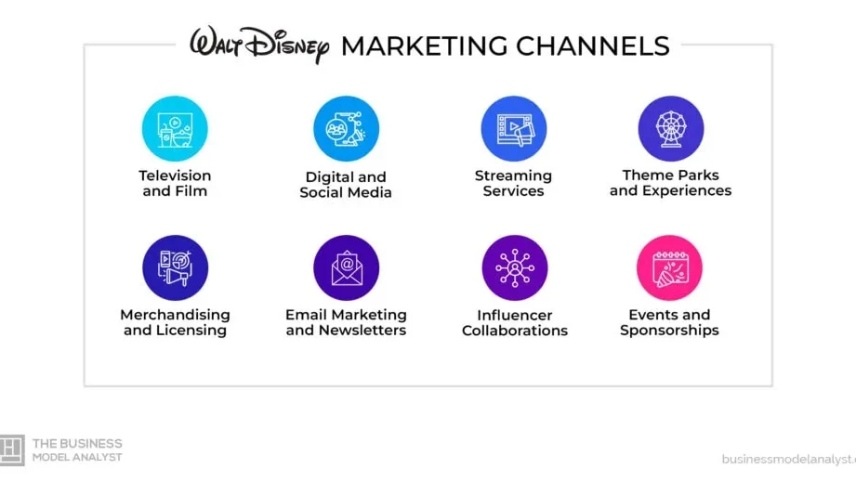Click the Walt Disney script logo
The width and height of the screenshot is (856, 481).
[x=259, y=45]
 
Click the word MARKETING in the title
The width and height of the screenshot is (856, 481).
[x=424, y=46]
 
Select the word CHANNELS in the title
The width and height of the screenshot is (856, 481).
[x=593, y=46]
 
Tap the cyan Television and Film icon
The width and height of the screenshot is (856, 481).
[x=175, y=129]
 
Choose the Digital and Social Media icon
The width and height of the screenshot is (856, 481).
[x=346, y=129]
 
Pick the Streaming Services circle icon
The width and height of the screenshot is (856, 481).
[x=514, y=129]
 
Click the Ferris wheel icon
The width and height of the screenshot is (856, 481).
[x=671, y=129]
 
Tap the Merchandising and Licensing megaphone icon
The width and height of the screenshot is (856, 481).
[x=176, y=267]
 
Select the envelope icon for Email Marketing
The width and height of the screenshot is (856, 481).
[x=346, y=267]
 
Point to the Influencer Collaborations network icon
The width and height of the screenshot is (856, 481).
[x=515, y=267]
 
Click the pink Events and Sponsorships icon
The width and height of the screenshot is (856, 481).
[x=669, y=267]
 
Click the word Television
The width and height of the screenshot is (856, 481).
[x=175, y=175]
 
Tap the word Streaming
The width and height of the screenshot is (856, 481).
[x=513, y=176]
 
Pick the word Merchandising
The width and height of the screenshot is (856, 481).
[x=176, y=315]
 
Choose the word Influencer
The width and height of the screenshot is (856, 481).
[x=515, y=315]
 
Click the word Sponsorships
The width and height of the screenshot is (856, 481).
[x=669, y=331]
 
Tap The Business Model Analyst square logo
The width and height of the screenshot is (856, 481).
[x=12, y=450]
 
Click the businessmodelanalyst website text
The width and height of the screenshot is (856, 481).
[x=789, y=460]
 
